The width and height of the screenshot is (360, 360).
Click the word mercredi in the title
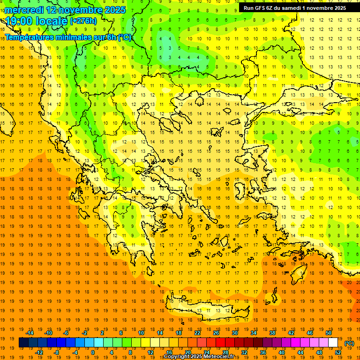[24, 10]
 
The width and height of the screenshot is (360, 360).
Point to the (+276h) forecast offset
[83, 21]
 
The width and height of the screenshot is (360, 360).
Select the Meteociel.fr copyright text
[202, 357]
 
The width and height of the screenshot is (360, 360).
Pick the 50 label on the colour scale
[329, 333]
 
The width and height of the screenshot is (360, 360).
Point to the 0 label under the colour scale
[92, 352]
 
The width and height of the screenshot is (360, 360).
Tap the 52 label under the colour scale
[337, 352]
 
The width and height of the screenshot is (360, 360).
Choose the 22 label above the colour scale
[197, 333]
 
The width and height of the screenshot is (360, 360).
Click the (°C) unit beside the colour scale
[349, 343]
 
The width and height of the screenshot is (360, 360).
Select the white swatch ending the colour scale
[333, 343]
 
